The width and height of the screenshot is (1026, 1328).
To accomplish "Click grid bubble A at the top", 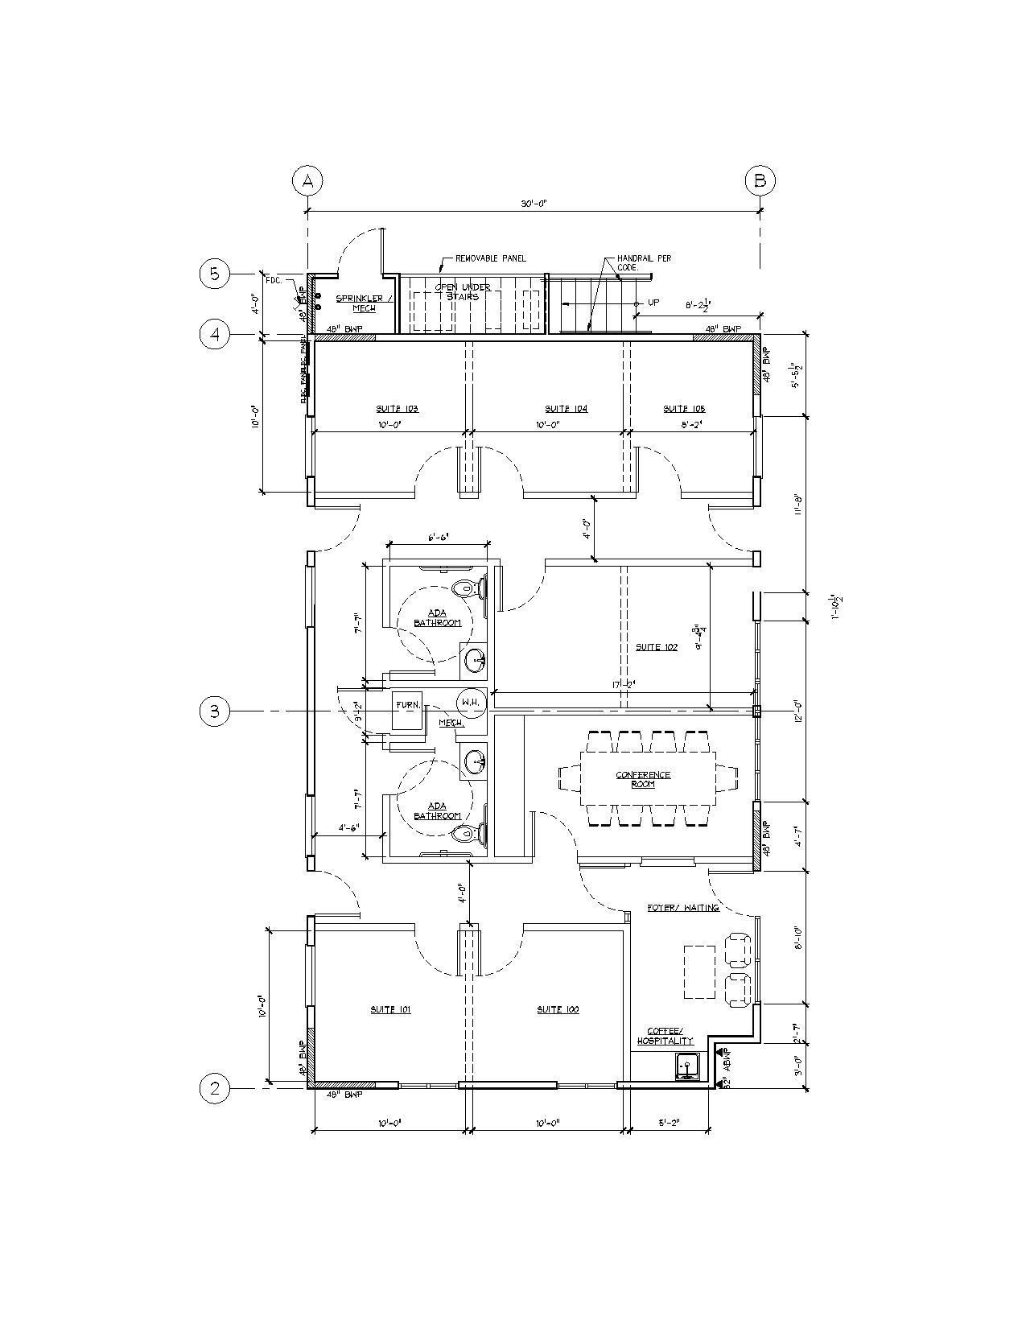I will pyautogui.click(x=307, y=181).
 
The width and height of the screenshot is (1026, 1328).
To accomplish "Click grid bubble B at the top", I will pyautogui.click(x=760, y=181).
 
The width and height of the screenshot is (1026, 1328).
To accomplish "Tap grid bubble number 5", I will pyautogui.click(x=215, y=274).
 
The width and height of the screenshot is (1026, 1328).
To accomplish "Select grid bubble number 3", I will pyautogui.click(x=215, y=711).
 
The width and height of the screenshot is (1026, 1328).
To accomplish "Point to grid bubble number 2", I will pyautogui.click(x=215, y=1089).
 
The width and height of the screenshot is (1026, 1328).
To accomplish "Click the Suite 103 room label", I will pyautogui.click(x=398, y=409).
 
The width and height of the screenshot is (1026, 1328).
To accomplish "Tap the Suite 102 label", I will pyautogui.click(x=657, y=647).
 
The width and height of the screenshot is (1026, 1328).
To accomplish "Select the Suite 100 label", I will pyautogui.click(x=558, y=1009).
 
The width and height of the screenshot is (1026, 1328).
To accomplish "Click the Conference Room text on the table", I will pyautogui.click(x=643, y=779).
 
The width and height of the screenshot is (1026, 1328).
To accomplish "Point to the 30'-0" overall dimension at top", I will pyautogui.click(x=534, y=204).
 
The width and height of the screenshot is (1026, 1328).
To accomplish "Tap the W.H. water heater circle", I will pyautogui.click(x=471, y=703).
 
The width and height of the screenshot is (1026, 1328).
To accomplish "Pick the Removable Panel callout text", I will pyautogui.click(x=491, y=258).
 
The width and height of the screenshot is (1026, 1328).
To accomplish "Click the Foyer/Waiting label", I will pyautogui.click(x=683, y=908).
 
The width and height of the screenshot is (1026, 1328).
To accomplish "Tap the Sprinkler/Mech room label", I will pyautogui.click(x=364, y=303).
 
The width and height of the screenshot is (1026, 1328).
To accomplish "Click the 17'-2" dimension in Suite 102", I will pyautogui.click(x=624, y=685).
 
